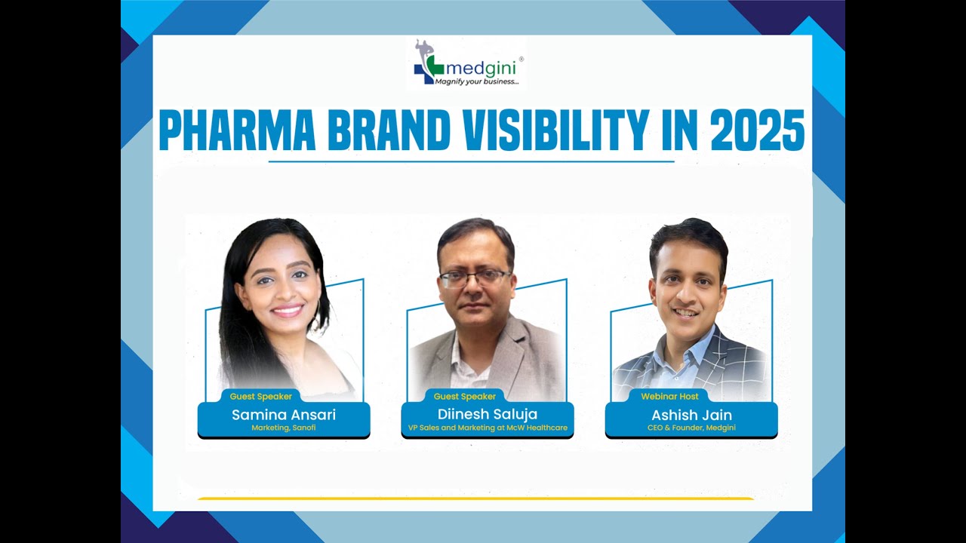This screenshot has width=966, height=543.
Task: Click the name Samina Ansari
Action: pyautogui.click(x=284, y=415)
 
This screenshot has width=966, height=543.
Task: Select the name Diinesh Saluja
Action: pyautogui.click(x=488, y=414)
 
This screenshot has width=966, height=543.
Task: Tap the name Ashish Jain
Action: pyautogui.click(x=691, y=415)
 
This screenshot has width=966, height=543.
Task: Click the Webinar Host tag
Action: pyautogui.click(x=669, y=396)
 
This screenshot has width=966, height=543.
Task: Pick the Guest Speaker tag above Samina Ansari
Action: pyautogui.click(x=261, y=396)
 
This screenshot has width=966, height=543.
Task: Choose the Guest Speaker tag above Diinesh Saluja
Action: pyautogui.click(x=465, y=396)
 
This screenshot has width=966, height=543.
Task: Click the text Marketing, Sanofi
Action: pyautogui.click(x=284, y=428)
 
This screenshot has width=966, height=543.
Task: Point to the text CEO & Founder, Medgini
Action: pyautogui.click(x=691, y=428)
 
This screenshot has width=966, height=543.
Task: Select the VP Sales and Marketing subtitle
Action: pyautogui.click(x=488, y=428)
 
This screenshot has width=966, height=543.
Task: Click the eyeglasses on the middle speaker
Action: pyautogui.click(x=475, y=278)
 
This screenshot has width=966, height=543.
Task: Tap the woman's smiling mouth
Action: pyautogui.click(x=287, y=309)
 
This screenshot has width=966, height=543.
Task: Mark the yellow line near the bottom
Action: pyautogui.click(x=475, y=498)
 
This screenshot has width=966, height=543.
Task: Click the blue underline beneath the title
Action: pyautogui.click(x=471, y=161)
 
